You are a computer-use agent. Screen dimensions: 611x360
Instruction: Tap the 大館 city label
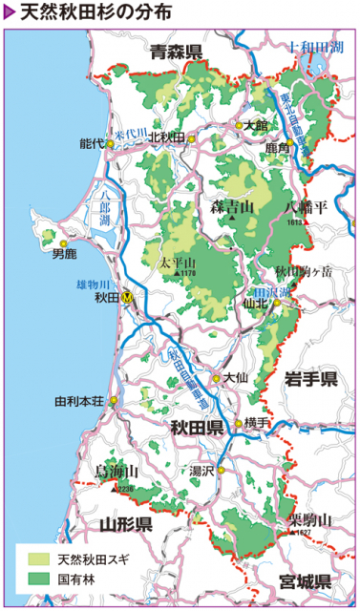pos(255,125)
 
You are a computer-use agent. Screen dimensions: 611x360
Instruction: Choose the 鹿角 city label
pos(277,149)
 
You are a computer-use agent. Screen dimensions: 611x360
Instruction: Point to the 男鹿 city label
pos(64,254)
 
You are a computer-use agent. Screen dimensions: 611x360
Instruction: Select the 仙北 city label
pos(257,304)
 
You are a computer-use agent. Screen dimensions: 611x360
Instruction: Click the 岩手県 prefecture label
pos(311,380)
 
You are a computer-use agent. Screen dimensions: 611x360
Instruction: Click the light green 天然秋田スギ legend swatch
pos(34,558)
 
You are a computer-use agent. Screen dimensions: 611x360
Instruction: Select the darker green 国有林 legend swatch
pos(34,579)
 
